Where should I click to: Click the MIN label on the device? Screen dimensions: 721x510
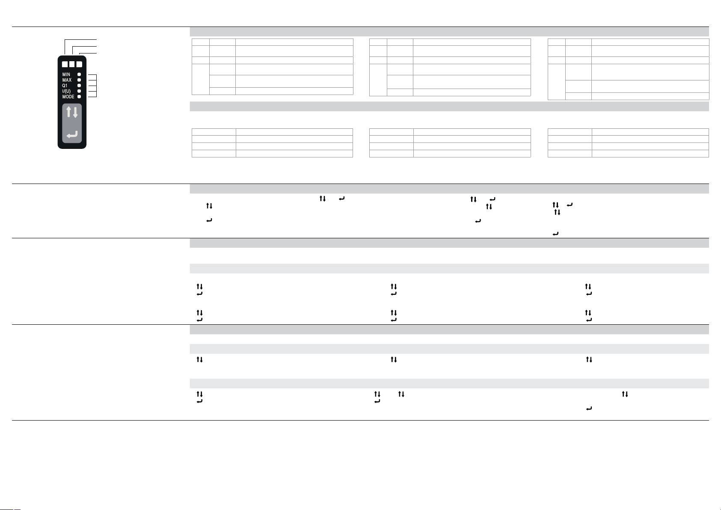(66, 74)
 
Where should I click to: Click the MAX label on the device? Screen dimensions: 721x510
(67, 80)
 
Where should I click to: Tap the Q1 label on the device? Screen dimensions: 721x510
(65, 86)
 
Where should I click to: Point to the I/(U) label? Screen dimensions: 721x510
(66, 91)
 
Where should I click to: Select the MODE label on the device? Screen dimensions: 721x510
(68, 97)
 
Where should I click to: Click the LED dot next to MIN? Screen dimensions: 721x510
(79, 74)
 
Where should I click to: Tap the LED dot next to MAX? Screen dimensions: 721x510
(79, 80)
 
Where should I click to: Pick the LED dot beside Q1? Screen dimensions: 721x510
(79, 86)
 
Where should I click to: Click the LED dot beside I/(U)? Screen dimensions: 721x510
(79, 91)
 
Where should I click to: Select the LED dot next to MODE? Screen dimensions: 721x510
(79, 97)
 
